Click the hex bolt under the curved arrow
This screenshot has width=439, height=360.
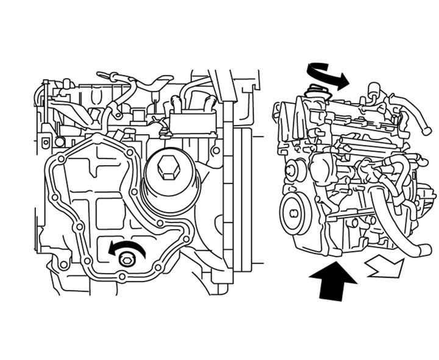click(x=127, y=261)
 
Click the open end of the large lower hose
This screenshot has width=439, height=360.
click(x=425, y=250)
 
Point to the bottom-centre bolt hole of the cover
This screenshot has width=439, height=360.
click(x=123, y=277)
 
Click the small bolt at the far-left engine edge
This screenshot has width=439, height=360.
click(x=44, y=143)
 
